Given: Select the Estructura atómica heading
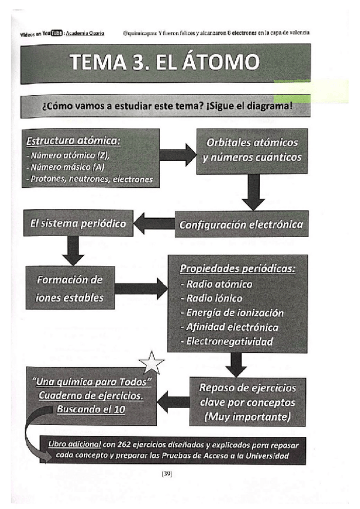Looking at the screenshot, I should [74, 142].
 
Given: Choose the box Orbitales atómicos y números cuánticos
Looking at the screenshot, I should [251, 151].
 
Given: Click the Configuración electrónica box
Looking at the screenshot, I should [241, 225].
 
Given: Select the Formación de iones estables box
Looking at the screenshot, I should [70, 288].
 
